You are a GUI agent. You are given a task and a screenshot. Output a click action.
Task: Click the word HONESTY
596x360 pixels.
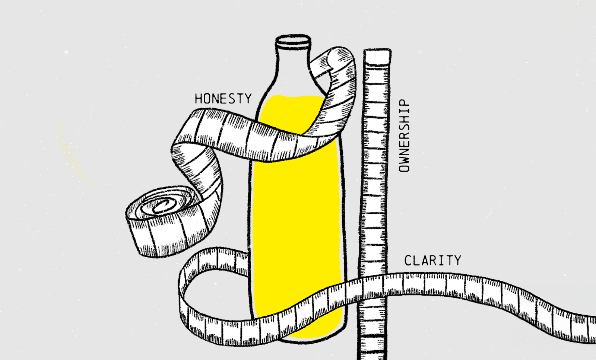(223, 99)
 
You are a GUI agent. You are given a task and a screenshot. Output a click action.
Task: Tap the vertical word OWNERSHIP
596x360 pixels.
(404, 136)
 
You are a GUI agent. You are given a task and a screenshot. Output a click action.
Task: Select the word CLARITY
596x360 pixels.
(432, 260)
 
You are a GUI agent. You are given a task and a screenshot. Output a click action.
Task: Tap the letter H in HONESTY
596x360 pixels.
(199, 99)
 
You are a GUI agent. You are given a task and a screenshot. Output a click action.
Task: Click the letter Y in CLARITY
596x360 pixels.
(457, 260)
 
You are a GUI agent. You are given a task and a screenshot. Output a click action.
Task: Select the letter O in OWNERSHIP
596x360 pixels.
(404, 167)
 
